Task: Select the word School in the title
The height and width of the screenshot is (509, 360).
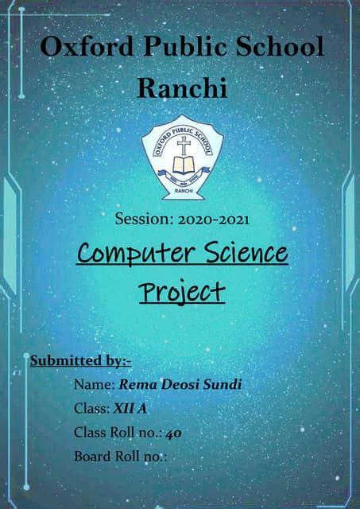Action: point(278,47)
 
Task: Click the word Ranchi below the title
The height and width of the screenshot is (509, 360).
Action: point(182,87)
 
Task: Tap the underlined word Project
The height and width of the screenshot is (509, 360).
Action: point(182,292)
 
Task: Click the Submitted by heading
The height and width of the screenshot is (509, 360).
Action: point(80,361)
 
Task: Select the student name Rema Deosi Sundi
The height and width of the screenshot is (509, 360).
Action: point(180,386)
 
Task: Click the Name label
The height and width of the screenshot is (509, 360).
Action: point(94,386)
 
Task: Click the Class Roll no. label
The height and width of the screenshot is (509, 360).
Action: point(118,433)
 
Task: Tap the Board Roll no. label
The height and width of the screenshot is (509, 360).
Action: point(120,457)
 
